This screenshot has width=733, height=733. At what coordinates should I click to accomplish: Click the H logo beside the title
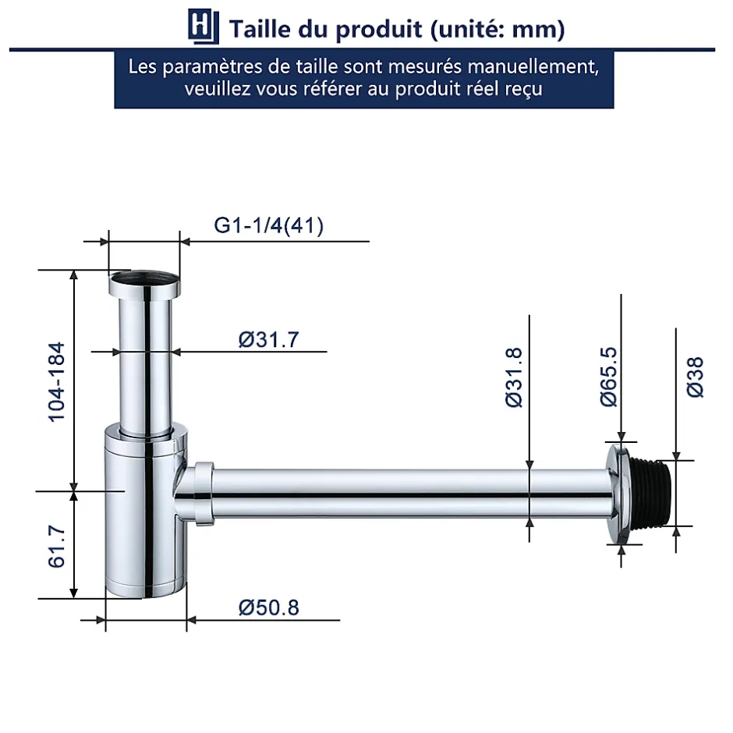(201, 28)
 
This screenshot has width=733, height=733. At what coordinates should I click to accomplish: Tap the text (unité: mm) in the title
(497, 29)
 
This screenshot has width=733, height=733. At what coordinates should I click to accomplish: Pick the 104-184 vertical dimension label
(57, 381)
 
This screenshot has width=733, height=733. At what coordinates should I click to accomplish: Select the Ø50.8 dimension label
(268, 607)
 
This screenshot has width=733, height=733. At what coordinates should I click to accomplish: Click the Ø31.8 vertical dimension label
(514, 377)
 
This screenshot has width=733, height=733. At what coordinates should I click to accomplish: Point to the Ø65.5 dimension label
(608, 377)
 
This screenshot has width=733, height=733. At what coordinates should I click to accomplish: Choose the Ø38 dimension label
(694, 377)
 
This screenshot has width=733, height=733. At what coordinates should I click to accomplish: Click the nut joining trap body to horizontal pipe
(203, 494)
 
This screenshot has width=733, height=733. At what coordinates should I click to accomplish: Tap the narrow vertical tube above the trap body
(145, 359)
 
